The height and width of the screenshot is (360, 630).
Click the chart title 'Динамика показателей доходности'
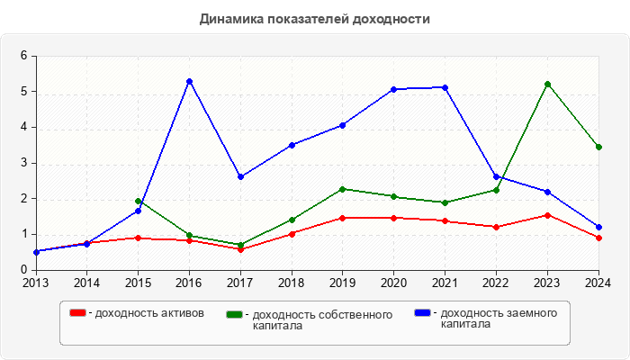tap(314, 19)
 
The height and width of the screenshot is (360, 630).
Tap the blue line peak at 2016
tap(189, 82)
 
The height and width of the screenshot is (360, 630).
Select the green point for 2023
tap(547, 84)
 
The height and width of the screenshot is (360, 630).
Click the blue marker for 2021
tap(445, 87)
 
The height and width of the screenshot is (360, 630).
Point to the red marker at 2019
tap(343, 218)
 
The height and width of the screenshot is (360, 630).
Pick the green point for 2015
tap(138, 202)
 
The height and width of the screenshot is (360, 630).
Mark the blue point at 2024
tap(598, 228)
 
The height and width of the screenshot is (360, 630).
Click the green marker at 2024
tap(598, 147)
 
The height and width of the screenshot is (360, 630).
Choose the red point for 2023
tap(547, 215)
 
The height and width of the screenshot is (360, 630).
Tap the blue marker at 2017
tap(240, 177)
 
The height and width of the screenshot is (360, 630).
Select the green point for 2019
tap(343, 189)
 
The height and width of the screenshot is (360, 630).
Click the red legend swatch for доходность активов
tap(78, 313)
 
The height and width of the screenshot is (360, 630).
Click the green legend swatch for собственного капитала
tap(234, 314)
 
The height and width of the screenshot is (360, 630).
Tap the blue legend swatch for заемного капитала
tap(421, 313)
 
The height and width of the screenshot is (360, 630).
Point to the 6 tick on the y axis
tap(24, 56)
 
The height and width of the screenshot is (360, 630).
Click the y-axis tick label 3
tap(24, 163)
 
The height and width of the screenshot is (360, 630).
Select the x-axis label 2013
tap(36, 283)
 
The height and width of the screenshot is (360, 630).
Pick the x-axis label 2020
tap(393, 283)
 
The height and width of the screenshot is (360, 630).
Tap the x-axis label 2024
tap(598, 283)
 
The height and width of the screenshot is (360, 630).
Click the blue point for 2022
tap(496, 176)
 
